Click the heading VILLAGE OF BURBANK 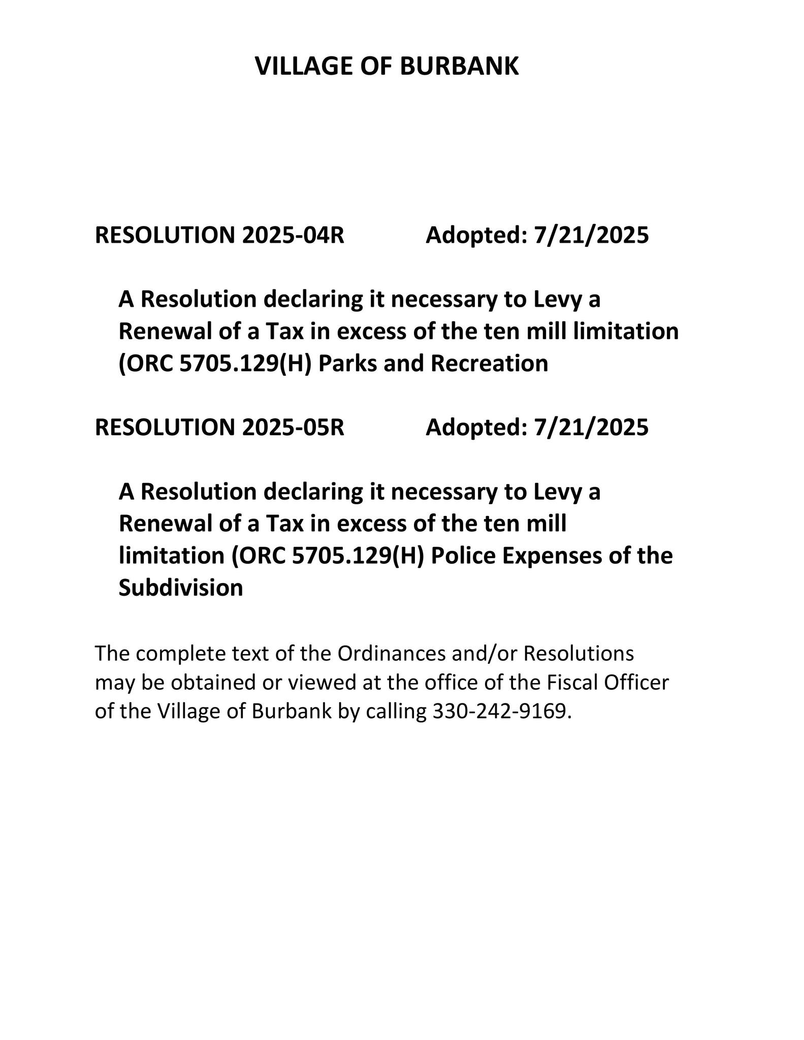click(387, 67)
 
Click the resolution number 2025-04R click(293, 235)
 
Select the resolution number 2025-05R click(293, 427)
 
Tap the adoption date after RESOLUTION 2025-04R click(591, 235)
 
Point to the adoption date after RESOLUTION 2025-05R click(591, 427)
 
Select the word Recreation click(490, 364)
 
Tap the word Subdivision click(181, 588)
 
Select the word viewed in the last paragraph click(322, 682)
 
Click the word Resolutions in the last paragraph click(578, 654)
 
